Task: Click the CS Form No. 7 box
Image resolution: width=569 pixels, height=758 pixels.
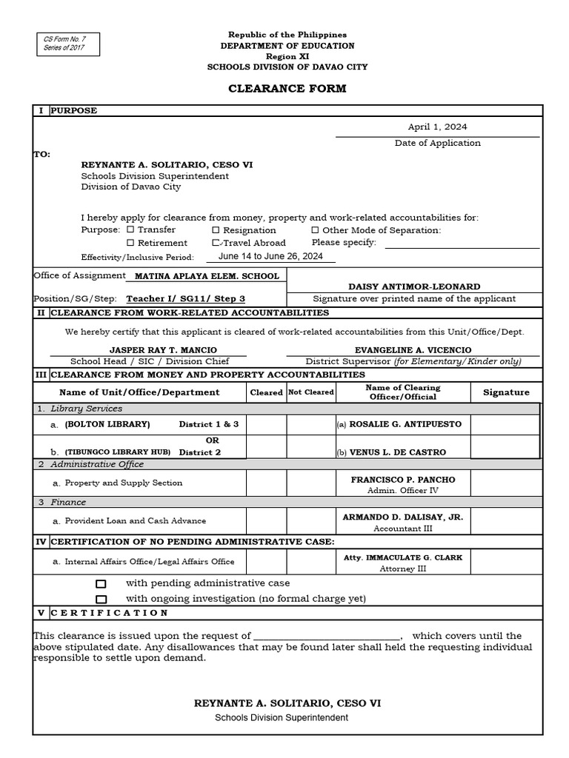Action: pyautogui.click(x=66, y=44)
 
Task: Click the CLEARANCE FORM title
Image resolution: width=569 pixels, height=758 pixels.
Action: pyautogui.click(x=287, y=89)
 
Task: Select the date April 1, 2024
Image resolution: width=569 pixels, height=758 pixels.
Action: pyautogui.click(x=437, y=127)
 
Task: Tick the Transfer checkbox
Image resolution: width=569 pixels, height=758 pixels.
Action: pyautogui.click(x=130, y=230)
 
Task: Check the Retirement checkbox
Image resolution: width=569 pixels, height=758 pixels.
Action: pyautogui.click(x=130, y=243)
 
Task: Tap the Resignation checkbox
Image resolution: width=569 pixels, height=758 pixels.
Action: pyautogui.click(x=216, y=230)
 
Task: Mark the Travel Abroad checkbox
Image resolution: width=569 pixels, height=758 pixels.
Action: pyautogui.click(x=216, y=243)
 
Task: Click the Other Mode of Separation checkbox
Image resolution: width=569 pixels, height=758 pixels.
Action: pyautogui.click(x=315, y=230)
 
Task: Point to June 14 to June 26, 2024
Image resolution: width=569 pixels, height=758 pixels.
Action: pyautogui.click(x=270, y=256)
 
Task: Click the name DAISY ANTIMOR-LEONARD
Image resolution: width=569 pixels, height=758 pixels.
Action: pyautogui.click(x=414, y=286)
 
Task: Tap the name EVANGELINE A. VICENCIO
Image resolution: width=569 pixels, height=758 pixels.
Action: pyautogui.click(x=413, y=350)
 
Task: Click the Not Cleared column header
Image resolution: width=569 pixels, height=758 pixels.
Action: pyautogui.click(x=310, y=392)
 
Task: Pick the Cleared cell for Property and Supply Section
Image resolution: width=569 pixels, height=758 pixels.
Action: pyautogui.click(x=266, y=483)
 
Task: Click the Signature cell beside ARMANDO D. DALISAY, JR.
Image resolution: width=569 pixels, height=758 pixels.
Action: pyautogui.click(x=506, y=521)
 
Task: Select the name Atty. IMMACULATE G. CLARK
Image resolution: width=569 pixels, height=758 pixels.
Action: pyautogui.click(x=403, y=557)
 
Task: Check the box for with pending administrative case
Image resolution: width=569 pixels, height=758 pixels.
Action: pyautogui.click(x=102, y=584)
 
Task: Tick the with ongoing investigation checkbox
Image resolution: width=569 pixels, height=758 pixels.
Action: pyautogui.click(x=102, y=599)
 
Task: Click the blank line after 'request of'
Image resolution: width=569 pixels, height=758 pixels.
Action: pyautogui.click(x=327, y=636)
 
